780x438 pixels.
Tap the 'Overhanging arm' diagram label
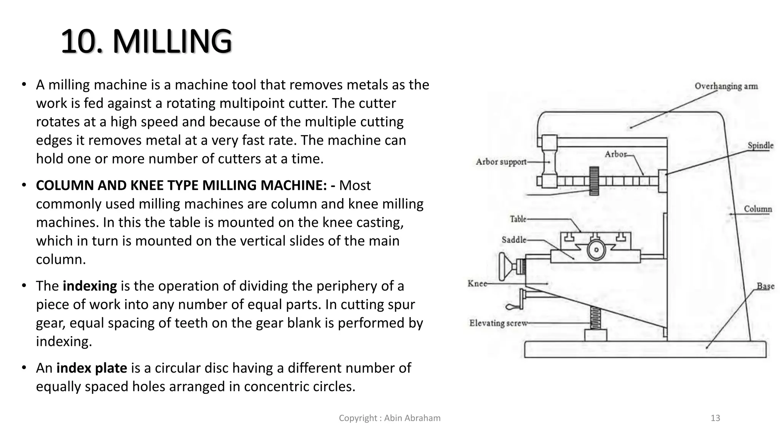tap(726, 86)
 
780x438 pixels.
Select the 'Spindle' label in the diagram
tap(760, 146)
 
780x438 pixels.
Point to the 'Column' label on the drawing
tap(758, 209)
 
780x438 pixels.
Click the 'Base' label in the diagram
tap(765, 286)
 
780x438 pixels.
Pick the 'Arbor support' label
tap(501, 162)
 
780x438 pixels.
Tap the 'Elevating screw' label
tap(498, 323)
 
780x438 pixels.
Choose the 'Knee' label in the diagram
tap(477, 284)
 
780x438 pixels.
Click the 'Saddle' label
tap(514, 240)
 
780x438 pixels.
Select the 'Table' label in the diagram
tap(518, 219)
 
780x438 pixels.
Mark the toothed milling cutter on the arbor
tap(594, 181)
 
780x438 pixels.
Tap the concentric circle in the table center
tap(596, 250)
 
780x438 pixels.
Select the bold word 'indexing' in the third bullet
tap(90, 286)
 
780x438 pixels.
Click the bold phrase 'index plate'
tap(91, 368)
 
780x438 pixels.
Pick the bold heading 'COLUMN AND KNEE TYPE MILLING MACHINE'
tap(181, 186)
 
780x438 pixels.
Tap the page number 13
tap(715, 418)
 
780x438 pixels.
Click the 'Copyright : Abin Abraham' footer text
tap(390, 418)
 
